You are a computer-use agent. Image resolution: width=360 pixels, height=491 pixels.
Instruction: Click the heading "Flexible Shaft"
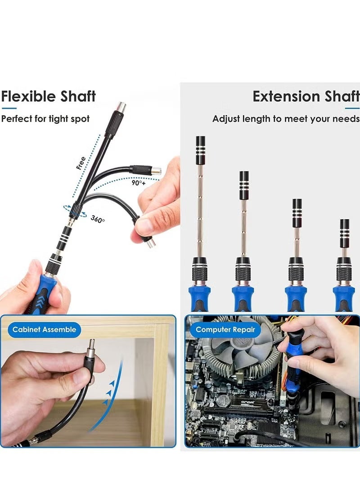coord(49,96)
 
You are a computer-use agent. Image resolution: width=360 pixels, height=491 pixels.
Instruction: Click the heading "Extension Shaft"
coord(306,96)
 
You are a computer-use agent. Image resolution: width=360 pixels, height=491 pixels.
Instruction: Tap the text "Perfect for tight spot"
coord(45,119)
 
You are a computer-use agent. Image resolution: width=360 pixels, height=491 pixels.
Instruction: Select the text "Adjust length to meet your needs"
coord(286,119)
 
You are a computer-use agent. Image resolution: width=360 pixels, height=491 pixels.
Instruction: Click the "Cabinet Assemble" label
coord(44,329)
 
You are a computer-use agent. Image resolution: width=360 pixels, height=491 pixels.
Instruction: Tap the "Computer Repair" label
coord(225,329)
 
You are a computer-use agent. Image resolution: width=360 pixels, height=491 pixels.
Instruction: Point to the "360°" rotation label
coord(98,219)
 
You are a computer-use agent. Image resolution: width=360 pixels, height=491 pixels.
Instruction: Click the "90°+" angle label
coord(139,183)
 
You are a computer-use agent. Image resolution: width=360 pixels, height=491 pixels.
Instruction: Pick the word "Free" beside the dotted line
coord(81,163)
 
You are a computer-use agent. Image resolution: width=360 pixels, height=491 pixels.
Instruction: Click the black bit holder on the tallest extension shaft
coord(200,150)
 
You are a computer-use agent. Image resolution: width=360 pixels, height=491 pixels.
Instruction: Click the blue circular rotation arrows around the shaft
coord(75,211)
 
